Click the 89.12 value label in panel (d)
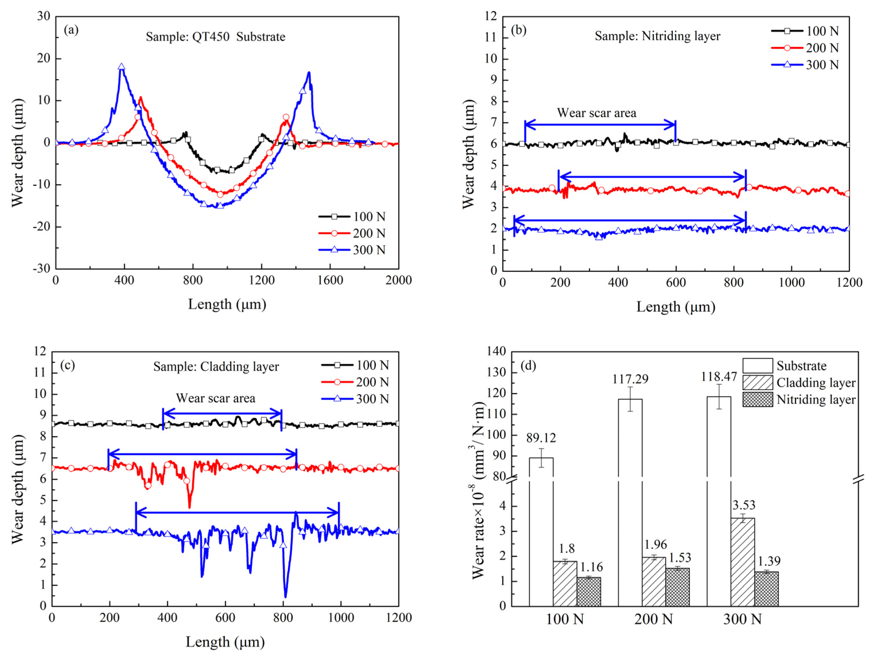pyautogui.click(x=541, y=438)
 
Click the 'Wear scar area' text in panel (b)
pyautogui.click(x=596, y=113)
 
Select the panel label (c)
pyautogui.click(x=67, y=365)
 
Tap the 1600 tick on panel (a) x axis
pyautogui.click(x=330, y=280)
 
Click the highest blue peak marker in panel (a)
pyautogui.click(x=122, y=67)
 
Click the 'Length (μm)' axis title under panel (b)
pyautogui.click(x=676, y=307)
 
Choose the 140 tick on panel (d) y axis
pyautogui.click(x=497, y=351)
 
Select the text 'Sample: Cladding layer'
pyautogui.click(x=216, y=367)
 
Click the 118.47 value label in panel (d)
pyautogui.click(x=718, y=376)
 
